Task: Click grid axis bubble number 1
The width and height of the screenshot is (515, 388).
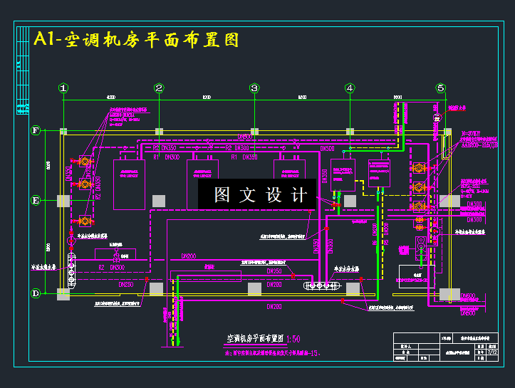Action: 63,88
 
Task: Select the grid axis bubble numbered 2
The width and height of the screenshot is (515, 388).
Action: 159,88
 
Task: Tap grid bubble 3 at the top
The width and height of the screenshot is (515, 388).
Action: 254,88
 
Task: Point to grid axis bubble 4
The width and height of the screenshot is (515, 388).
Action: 350,88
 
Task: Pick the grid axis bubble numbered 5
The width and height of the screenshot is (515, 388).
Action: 441,88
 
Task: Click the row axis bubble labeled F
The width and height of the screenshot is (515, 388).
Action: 36,131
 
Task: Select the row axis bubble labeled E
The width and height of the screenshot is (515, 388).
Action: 36,201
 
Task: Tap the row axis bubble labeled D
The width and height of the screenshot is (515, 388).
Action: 36,293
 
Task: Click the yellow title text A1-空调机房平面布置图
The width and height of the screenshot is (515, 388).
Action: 136,39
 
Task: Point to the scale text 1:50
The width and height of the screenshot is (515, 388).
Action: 295,338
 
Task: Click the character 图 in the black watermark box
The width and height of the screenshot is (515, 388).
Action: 223,195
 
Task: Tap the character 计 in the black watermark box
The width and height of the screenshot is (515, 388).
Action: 298,195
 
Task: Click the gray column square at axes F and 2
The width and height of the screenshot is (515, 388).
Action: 159,132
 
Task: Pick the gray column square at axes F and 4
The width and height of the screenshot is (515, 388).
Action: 350,132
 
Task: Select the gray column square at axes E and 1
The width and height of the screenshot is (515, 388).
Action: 63,201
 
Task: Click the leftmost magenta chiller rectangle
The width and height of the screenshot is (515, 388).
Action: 130,184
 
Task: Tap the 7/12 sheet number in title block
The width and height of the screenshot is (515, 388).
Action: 493,352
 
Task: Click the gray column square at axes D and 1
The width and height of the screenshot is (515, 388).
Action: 63,293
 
